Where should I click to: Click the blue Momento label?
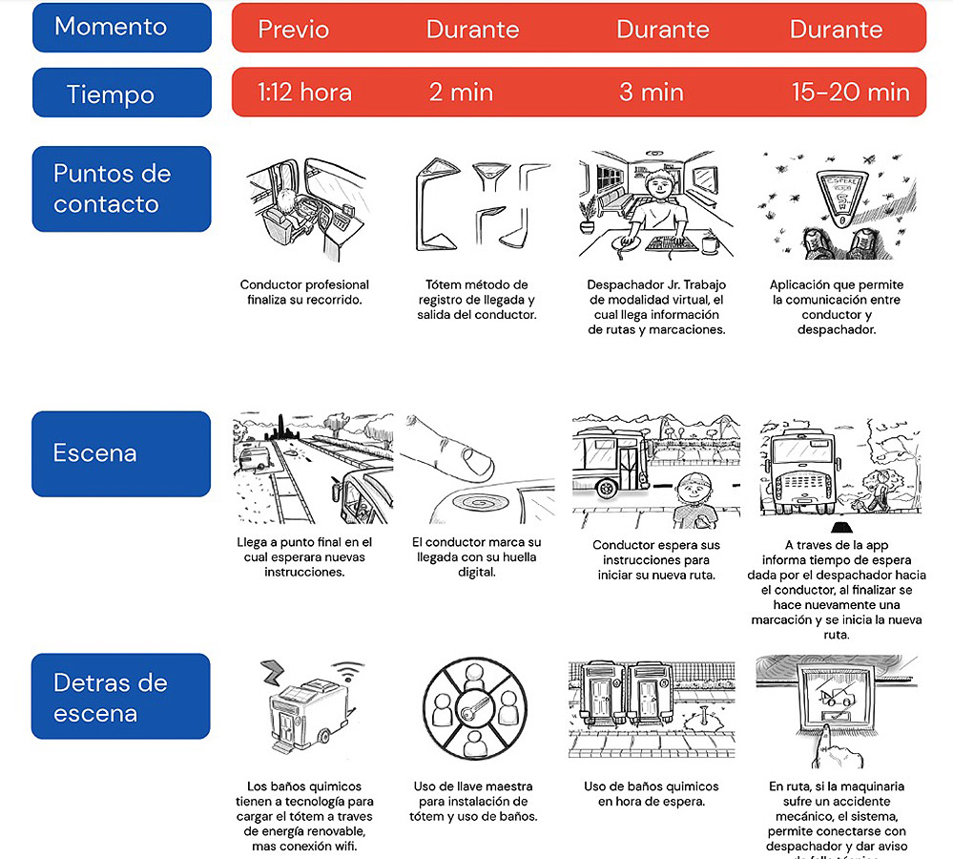(121, 27)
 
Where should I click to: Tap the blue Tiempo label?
(121, 94)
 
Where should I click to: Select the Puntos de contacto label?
(121, 189)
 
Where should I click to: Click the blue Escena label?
(121, 453)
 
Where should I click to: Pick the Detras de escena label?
(121, 697)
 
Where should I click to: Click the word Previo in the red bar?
(294, 29)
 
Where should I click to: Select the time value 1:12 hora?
(304, 93)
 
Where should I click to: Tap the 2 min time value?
(461, 93)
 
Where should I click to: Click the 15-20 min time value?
(850, 93)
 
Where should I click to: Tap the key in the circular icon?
(473, 710)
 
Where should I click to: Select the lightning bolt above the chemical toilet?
(274, 671)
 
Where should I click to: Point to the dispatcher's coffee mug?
(708, 244)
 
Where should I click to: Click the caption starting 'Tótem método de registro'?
(476, 300)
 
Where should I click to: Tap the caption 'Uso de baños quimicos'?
(651, 794)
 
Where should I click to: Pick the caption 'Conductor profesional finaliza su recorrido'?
(304, 292)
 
